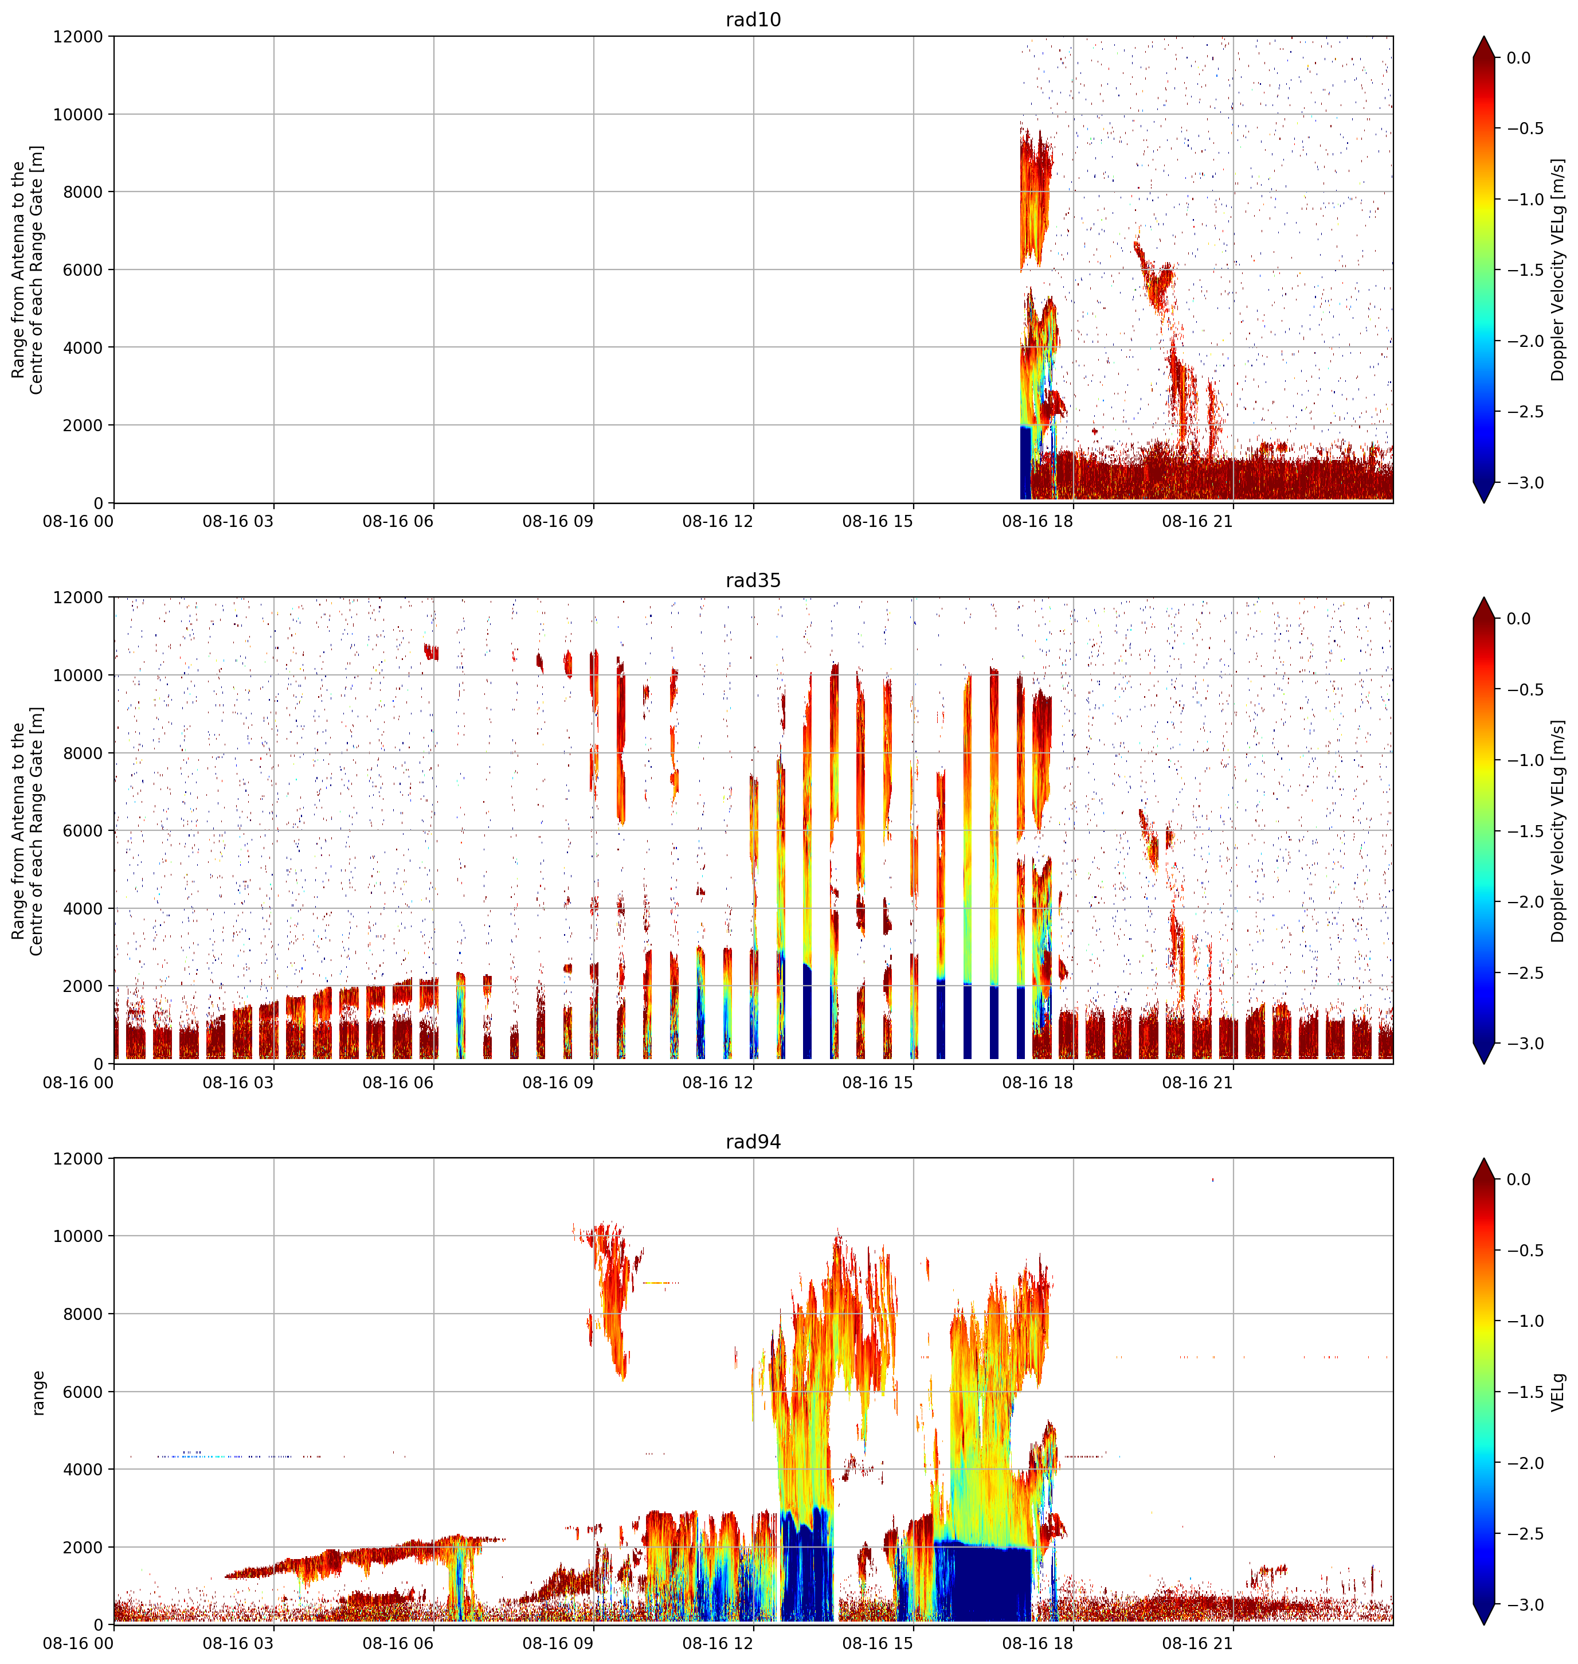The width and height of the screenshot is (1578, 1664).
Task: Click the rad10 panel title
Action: (x=753, y=19)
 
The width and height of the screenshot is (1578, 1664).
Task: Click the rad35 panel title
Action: (x=753, y=580)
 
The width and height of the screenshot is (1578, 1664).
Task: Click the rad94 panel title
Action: (x=753, y=1142)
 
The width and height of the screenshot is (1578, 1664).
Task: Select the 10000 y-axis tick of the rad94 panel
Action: (x=77, y=1236)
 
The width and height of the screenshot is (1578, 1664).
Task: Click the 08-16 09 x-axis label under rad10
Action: (x=558, y=522)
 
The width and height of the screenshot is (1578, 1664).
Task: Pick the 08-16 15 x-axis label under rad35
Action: (x=878, y=1083)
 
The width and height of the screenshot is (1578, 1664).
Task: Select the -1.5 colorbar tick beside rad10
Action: (x=1524, y=270)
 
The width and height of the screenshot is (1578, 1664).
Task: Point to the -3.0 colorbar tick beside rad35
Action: (x=1524, y=1043)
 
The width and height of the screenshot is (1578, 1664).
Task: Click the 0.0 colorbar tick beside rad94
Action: (x=1518, y=1179)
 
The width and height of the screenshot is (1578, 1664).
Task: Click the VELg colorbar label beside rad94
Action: (x=1559, y=1392)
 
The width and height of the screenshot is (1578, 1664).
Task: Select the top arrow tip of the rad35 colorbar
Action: (x=1485, y=598)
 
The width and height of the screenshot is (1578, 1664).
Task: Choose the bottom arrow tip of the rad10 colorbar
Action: (x=1485, y=502)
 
